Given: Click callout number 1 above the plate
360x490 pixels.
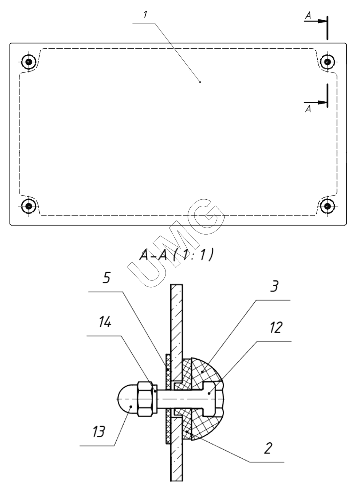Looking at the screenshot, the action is pyautogui.click(x=145, y=14).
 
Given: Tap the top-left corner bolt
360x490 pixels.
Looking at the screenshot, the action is pyautogui.click(x=29, y=62).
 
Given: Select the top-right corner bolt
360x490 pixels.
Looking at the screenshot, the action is pyautogui.click(x=327, y=62).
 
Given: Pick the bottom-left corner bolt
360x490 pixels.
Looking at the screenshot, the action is pyautogui.click(x=29, y=206).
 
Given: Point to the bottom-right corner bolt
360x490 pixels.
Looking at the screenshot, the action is pyautogui.click(x=327, y=206).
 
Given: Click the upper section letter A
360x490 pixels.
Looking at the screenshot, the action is pyautogui.click(x=308, y=16).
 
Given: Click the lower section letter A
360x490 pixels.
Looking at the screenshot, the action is pyautogui.click(x=308, y=109).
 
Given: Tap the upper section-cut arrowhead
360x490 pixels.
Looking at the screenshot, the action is pyautogui.click(x=322, y=21).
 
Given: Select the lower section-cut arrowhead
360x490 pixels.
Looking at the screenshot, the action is pyautogui.click(x=322, y=102).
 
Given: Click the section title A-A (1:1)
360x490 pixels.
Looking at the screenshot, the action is pyautogui.click(x=176, y=255).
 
